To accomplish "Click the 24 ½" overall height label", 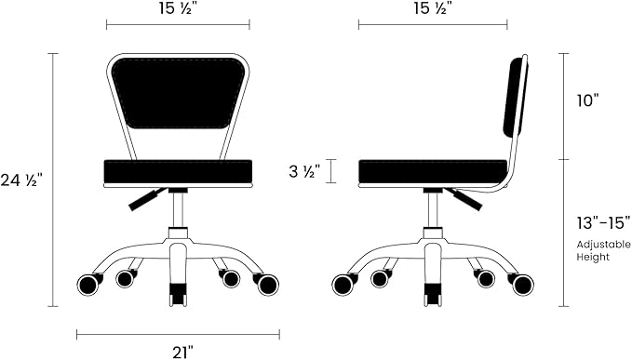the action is tap(21, 180).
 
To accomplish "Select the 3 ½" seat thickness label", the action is tap(304, 171).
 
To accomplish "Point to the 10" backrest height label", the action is tap(587, 100).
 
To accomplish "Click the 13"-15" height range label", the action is tap(603, 222).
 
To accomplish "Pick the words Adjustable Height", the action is tap(603, 250).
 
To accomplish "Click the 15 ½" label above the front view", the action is tap(178, 8).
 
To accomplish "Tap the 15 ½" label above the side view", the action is tap(433, 8).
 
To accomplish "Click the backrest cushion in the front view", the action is tap(178, 93).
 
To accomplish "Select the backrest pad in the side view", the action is tap(515, 97).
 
